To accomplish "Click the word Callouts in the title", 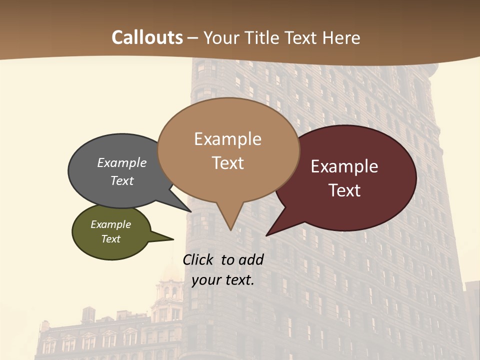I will tap(147, 37).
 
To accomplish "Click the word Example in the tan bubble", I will tap(227, 139).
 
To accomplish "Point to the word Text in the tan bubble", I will tap(228, 163).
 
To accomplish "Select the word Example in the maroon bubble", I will tap(344, 166).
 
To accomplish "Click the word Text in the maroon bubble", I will tap(344, 190).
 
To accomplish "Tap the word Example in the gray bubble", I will tap(122, 163).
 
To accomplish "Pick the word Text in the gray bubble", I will tap(122, 180).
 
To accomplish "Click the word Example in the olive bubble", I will tap(110, 224).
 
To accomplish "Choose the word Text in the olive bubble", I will tap(110, 239).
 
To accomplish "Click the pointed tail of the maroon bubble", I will tap(267, 234).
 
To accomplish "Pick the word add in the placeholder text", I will tap(251, 260).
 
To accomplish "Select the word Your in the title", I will tap(220, 37).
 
